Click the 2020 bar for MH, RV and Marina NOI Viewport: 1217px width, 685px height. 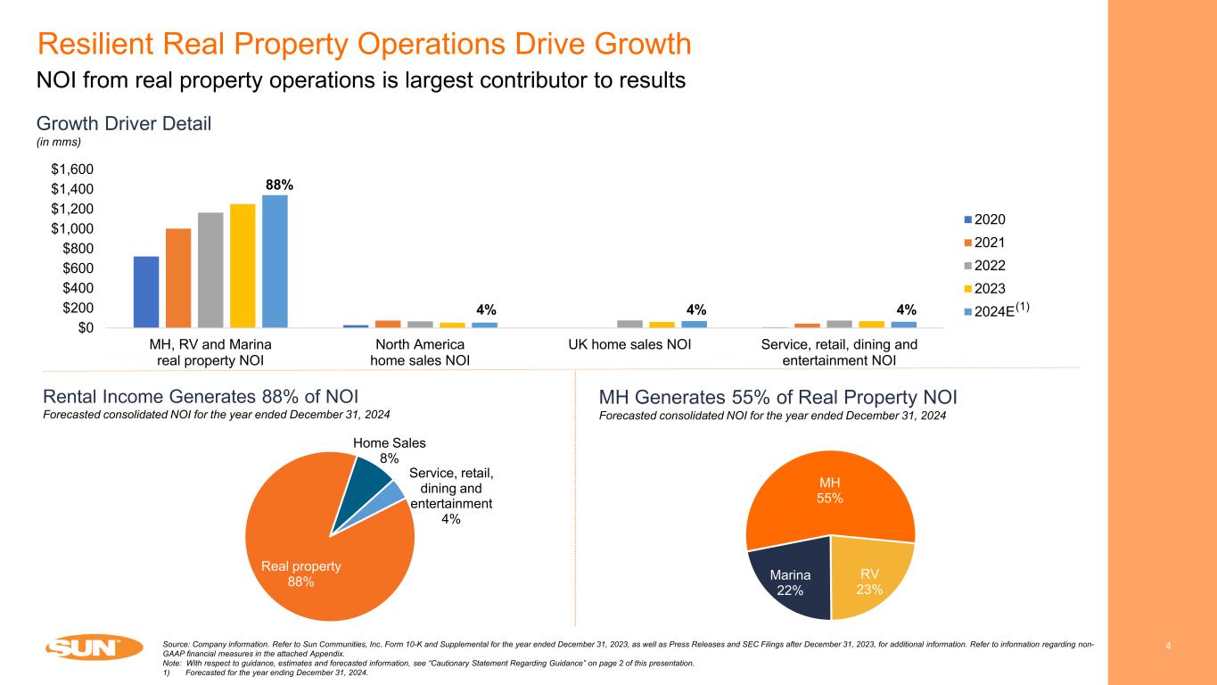(146, 292)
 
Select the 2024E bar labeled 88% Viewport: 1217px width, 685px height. (275, 260)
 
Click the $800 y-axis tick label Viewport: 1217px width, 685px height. (79, 248)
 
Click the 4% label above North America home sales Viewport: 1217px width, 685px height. (487, 309)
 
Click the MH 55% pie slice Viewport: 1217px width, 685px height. (830, 490)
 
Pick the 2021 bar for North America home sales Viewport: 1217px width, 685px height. (388, 324)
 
